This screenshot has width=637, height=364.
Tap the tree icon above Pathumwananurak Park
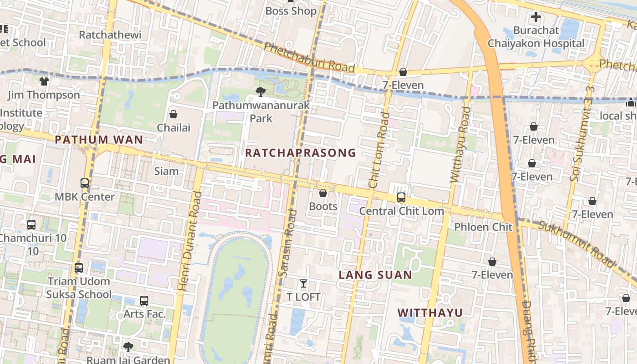(x=261, y=92)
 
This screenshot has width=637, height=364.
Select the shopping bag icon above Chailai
(x=173, y=114)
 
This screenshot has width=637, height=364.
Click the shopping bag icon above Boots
(x=323, y=193)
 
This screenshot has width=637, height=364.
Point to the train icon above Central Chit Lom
(x=401, y=197)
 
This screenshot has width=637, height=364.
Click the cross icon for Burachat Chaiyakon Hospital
(x=536, y=17)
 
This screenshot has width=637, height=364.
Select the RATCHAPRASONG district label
(x=300, y=153)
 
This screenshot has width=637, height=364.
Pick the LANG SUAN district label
(x=375, y=275)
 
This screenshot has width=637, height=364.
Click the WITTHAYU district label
(x=430, y=313)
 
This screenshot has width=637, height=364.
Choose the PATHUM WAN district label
(x=99, y=140)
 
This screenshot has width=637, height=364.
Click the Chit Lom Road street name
(x=379, y=150)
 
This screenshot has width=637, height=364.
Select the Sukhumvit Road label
(x=576, y=243)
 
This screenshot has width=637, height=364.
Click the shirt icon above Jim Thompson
(x=44, y=81)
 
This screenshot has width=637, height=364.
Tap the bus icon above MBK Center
(x=85, y=183)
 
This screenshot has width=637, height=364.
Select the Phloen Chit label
(x=483, y=227)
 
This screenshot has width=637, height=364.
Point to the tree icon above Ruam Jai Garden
(x=128, y=347)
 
